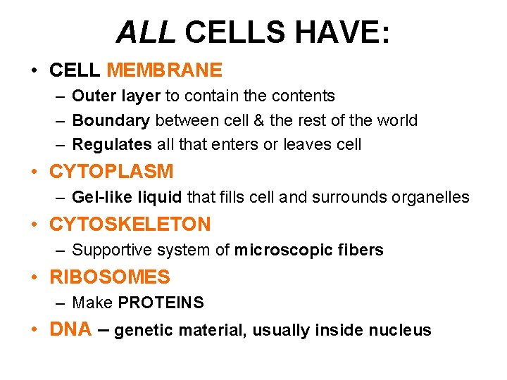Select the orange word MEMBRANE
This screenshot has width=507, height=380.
coord(164,70)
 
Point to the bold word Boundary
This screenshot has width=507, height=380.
coord(111,120)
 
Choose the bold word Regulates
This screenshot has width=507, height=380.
coord(112,145)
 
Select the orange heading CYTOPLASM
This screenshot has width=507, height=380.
coord(111,171)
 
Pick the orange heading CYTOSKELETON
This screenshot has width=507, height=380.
coord(130,224)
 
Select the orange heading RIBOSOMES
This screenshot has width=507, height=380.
coord(110,277)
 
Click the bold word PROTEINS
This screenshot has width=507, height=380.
coord(161,303)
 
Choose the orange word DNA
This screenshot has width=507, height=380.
coord(70,329)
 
